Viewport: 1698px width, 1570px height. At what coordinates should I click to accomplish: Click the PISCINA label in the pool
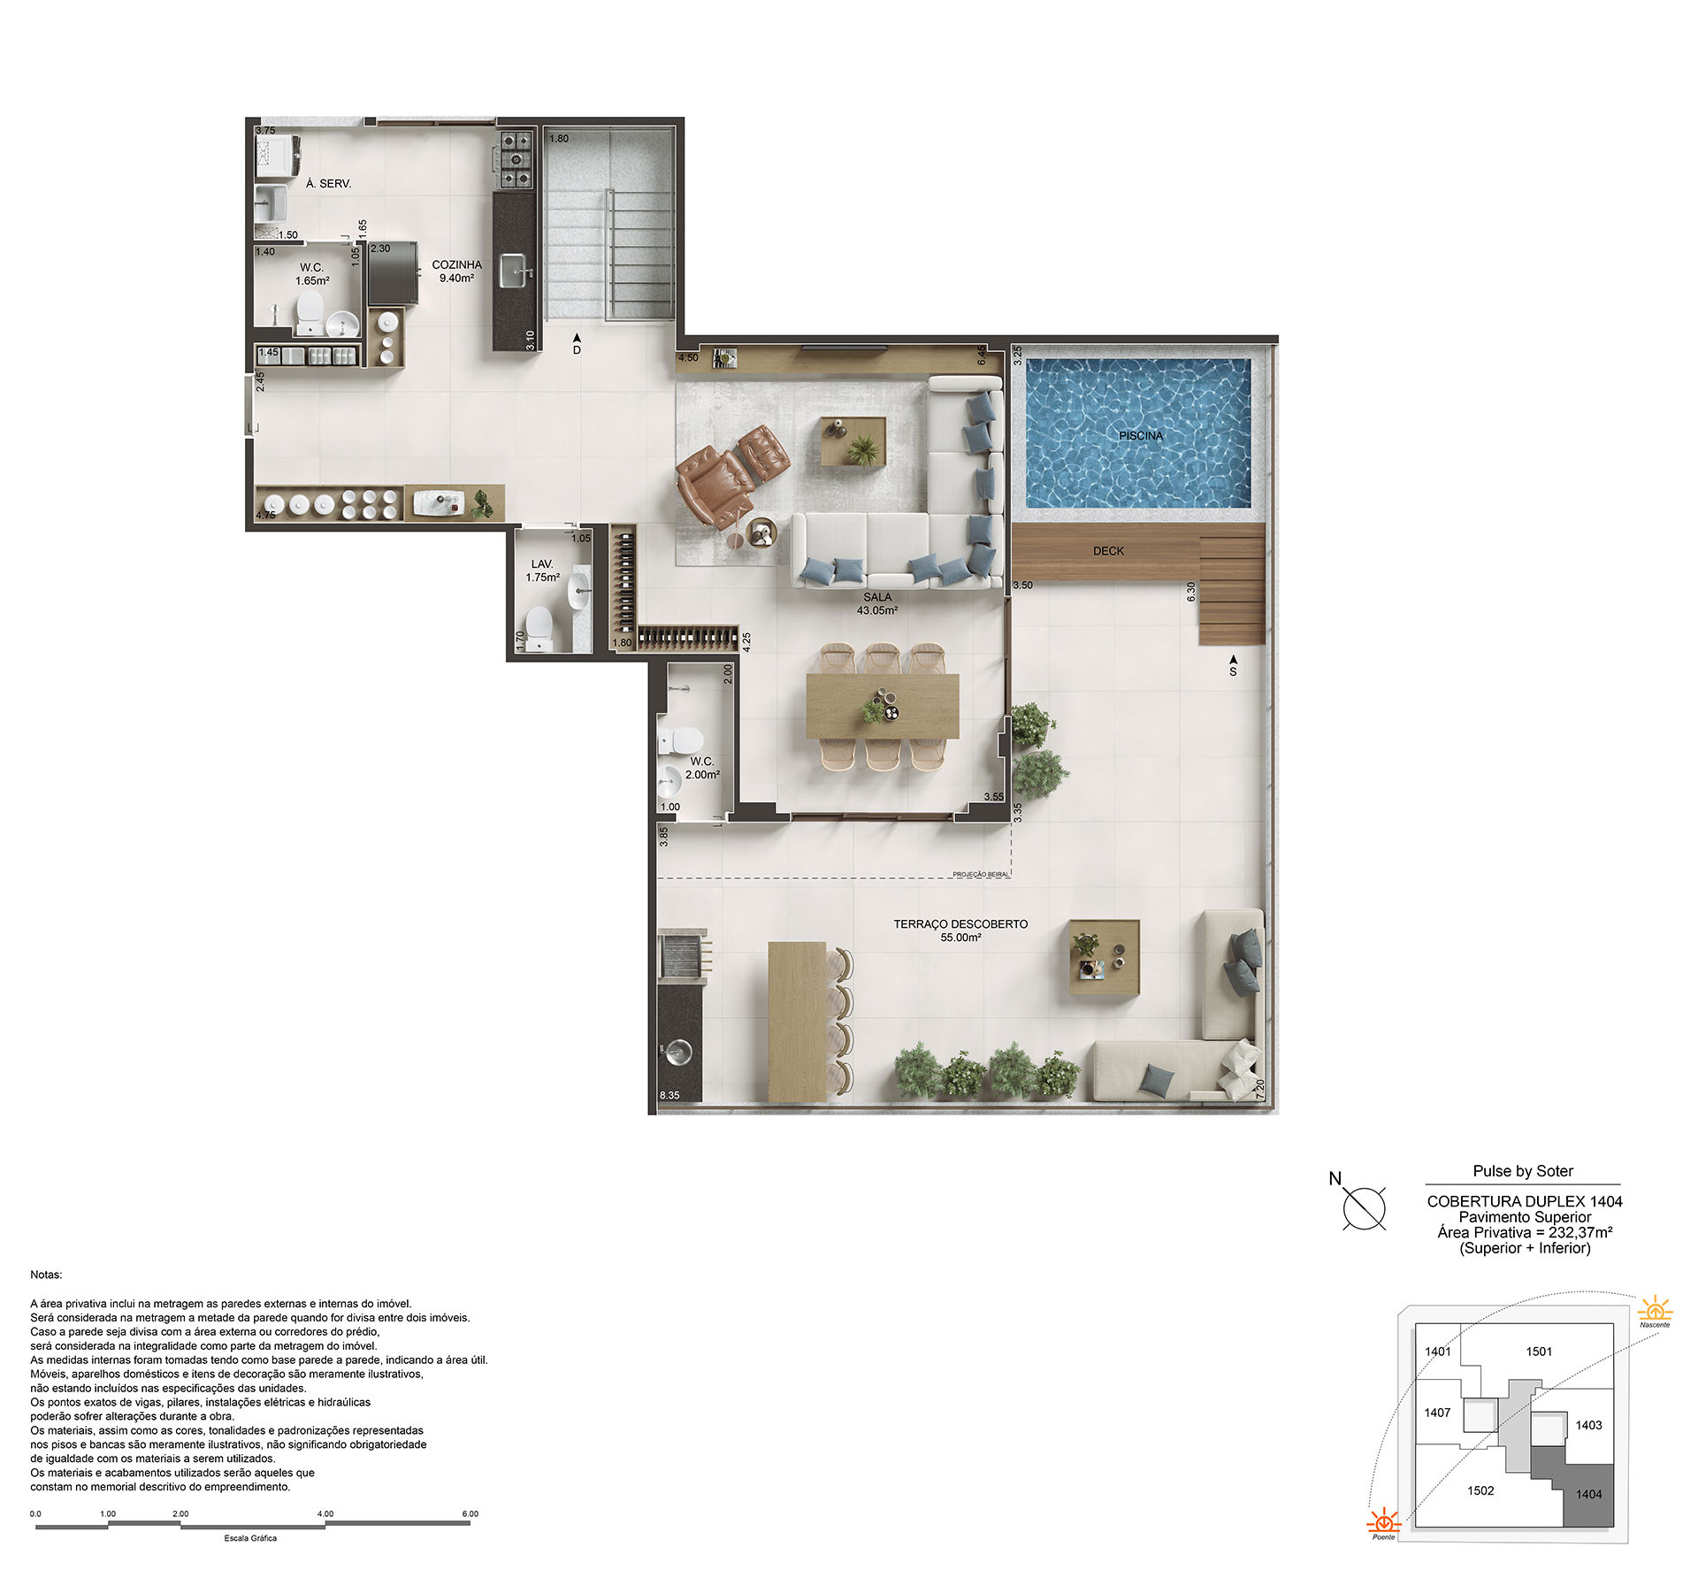[1141, 436]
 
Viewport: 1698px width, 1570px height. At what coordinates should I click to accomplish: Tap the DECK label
[1108, 551]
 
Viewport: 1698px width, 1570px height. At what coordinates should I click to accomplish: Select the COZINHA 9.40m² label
[456, 272]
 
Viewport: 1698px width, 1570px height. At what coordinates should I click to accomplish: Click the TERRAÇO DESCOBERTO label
[960, 924]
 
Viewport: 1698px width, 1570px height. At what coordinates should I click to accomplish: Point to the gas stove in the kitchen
[516, 160]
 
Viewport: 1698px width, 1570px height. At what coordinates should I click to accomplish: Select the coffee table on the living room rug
[853, 440]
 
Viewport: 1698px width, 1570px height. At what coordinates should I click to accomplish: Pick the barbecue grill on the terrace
[681, 954]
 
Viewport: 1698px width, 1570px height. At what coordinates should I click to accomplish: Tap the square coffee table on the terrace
[1105, 957]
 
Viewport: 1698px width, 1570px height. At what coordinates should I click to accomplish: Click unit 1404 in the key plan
[1588, 1494]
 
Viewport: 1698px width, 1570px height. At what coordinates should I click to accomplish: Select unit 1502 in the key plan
[1480, 1490]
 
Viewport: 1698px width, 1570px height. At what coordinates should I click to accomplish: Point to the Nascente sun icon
[1655, 1308]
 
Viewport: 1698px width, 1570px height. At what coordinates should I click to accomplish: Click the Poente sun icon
[1384, 1520]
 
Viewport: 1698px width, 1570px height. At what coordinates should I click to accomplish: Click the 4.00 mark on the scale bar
[325, 1514]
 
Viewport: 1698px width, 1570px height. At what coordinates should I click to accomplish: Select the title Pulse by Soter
[1523, 1171]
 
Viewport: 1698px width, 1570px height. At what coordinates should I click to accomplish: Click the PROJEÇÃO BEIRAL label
[981, 875]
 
